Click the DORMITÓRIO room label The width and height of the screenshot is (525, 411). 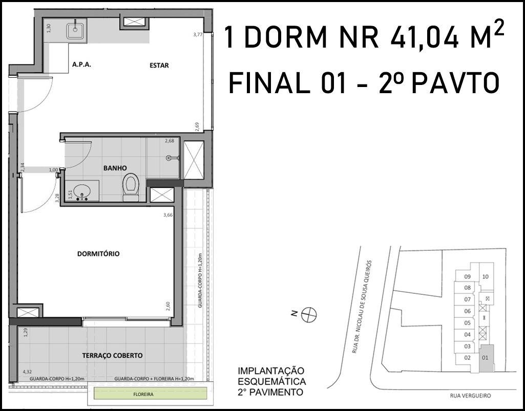click(98, 254)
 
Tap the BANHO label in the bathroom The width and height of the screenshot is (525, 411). click(115, 168)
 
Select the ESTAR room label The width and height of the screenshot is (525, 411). click(159, 66)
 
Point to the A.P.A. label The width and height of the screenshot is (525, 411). click(82, 64)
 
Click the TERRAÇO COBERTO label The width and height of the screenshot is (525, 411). click(113, 355)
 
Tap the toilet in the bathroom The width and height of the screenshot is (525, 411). click(131, 187)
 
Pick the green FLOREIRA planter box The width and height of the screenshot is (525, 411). click(150, 394)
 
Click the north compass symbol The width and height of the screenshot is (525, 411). click(309, 315)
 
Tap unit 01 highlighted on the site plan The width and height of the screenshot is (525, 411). click(487, 358)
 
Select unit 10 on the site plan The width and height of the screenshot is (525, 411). click(486, 276)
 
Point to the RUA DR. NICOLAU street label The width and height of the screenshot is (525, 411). click(362, 306)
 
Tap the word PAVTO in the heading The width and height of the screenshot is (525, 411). click(455, 83)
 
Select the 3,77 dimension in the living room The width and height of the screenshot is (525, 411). click(198, 34)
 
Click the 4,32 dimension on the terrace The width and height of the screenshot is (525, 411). click(27, 372)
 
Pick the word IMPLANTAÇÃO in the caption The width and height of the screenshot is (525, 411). click(271, 371)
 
